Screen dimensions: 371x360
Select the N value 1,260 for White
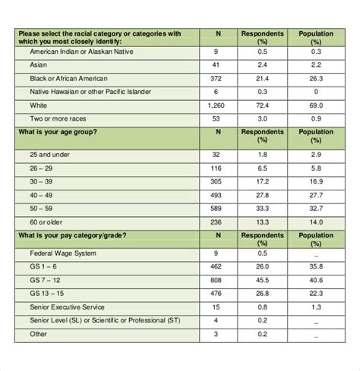(x=217, y=106)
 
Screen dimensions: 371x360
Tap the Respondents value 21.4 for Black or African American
(x=263, y=79)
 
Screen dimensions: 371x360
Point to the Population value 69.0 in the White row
(x=315, y=106)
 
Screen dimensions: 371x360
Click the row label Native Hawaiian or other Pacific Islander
(x=90, y=93)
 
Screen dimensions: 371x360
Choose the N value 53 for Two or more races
(x=217, y=120)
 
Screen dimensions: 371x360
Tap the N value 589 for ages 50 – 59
(x=217, y=209)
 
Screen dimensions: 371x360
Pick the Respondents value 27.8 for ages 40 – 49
(x=263, y=195)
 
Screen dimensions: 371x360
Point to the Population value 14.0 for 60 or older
(x=315, y=222)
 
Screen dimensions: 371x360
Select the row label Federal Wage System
(x=63, y=253)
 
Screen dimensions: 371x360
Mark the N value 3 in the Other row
(x=217, y=334)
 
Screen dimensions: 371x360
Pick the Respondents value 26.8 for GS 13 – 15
(x=263, y=294)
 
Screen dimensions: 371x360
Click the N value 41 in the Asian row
(x=217, y=65)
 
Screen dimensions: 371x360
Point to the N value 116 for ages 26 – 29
(x=217, y=168)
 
